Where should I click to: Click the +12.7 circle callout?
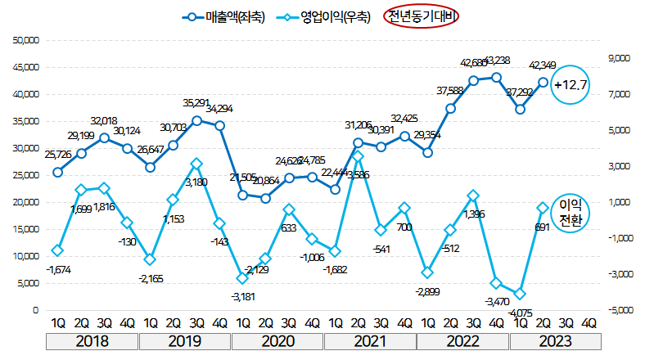571,84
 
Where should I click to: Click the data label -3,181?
242,296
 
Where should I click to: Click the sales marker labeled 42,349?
542,82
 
